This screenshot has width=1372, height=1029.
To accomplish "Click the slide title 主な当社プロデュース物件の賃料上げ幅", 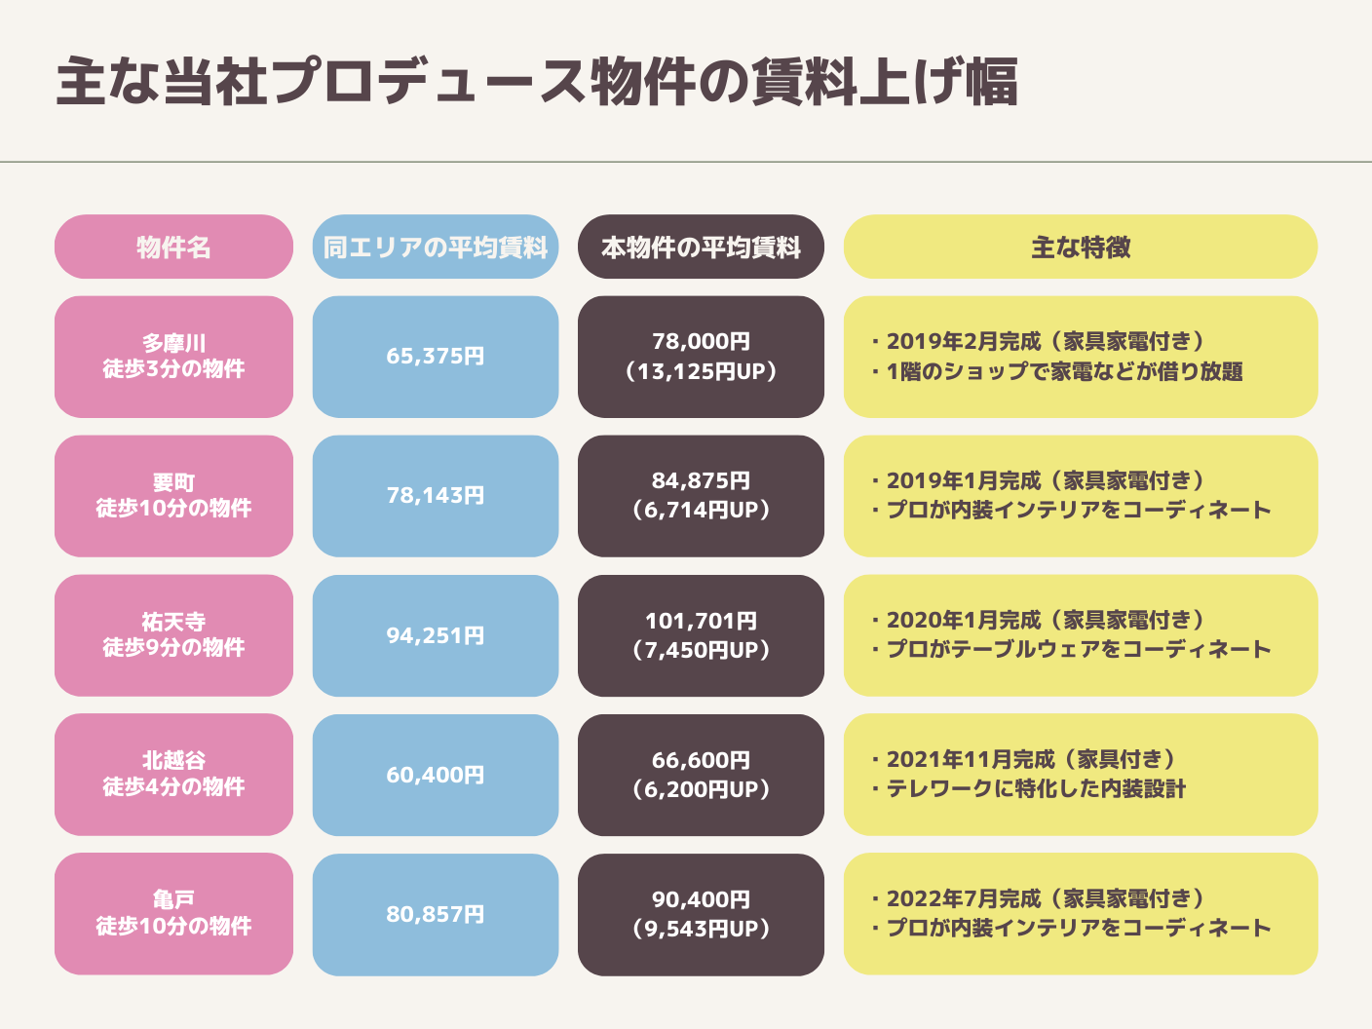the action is coord(537,82).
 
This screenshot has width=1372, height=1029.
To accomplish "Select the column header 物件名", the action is coord(173,248).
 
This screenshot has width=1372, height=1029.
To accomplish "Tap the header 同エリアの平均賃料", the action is coord(436,248).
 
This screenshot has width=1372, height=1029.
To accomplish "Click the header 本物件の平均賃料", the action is coord(701,248).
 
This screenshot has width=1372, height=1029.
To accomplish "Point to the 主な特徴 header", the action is coord(1081,248).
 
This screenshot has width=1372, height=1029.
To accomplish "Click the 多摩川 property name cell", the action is coord(173,357).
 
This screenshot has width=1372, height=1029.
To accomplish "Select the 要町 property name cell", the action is coord(173,496).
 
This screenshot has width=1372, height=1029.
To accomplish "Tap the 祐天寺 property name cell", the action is coord(173,635).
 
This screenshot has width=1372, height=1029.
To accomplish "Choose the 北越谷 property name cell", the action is coord(173,775).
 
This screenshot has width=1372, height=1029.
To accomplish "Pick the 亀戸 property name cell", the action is coord(173,914).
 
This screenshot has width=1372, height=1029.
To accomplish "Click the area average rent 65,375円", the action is coord(436,357).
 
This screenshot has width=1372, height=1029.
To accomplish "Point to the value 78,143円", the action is coord(436,496).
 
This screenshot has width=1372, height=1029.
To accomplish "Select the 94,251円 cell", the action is coord(436,635).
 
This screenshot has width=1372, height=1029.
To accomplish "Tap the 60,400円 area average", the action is coord(436,775).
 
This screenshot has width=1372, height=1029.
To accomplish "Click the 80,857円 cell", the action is coord(436,914).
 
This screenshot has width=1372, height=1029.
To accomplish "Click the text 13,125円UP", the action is coord(701,371).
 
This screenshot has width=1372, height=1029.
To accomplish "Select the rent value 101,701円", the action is coord(701,621).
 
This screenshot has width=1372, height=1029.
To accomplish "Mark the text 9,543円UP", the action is coord(701,930).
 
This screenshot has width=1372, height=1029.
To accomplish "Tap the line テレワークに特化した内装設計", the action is coord(1035,789).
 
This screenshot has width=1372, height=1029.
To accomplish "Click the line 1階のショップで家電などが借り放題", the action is coord(1063,371).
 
